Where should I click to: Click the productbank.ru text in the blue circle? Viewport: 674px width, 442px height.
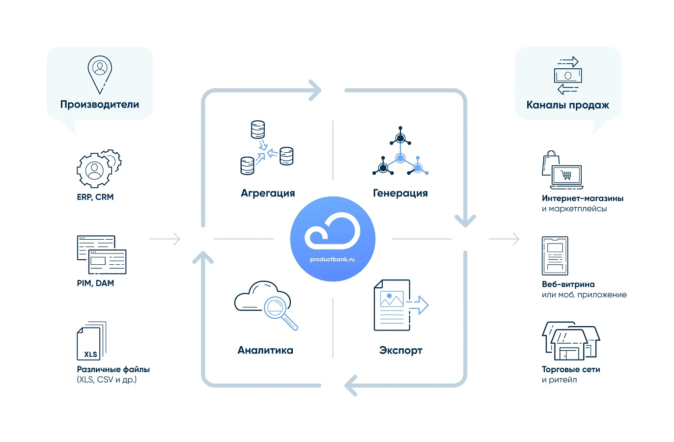332,259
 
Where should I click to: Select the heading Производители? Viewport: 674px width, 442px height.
100,105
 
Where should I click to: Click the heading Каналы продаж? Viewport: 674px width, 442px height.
567,105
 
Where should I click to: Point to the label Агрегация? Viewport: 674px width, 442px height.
268,193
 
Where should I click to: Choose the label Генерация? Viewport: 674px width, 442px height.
400,193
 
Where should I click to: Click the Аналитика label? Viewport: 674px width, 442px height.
265,350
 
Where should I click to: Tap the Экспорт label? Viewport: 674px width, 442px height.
401,351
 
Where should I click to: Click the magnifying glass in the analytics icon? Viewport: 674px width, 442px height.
281,313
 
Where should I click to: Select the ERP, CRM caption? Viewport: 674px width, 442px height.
95,197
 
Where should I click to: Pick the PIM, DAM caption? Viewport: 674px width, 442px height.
95,283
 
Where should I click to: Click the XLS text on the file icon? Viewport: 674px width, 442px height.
90,355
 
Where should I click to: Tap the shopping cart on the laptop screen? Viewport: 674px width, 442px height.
566,175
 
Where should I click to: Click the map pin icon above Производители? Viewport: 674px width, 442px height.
100,75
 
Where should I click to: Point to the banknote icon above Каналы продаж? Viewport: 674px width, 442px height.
568,75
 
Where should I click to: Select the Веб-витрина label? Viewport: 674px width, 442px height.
568,284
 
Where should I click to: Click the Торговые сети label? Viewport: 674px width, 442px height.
571,369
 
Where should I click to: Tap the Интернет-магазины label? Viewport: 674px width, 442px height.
583,198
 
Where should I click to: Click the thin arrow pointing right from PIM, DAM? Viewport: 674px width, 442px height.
165,239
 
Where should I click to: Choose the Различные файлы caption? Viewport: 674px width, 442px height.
113,369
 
